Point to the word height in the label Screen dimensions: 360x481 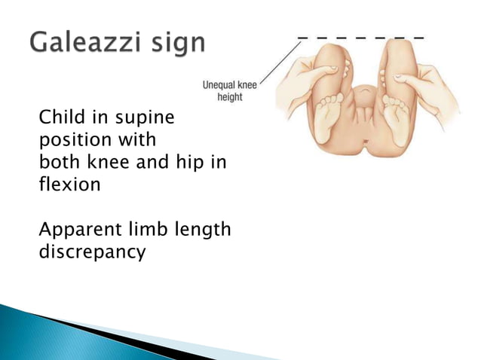click(230, 99)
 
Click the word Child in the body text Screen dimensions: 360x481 click(60, 118)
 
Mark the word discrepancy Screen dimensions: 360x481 click(92, 252)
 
